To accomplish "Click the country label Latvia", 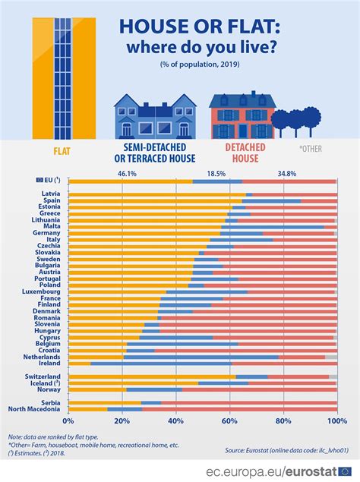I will click(x=50, y=195).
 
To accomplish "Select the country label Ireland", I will click(x=49, y=364).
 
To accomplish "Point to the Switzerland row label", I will click(x=43, y=376).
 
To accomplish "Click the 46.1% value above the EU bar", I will click(x=127, y=174).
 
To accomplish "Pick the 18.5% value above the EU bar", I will click(x=216, y=174).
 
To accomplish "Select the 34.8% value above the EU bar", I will click(x=287, y=174).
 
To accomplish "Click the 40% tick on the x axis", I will click(x=176, y=421).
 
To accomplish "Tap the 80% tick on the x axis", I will click(x=283, y=421).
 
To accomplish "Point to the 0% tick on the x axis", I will click(x=68, y=421).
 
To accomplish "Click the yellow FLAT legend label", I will click(x=63, y=150).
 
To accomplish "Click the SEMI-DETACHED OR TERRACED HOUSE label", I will click(x=154, y=153).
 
